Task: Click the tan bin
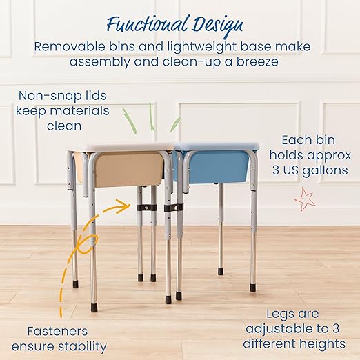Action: point(123,169)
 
